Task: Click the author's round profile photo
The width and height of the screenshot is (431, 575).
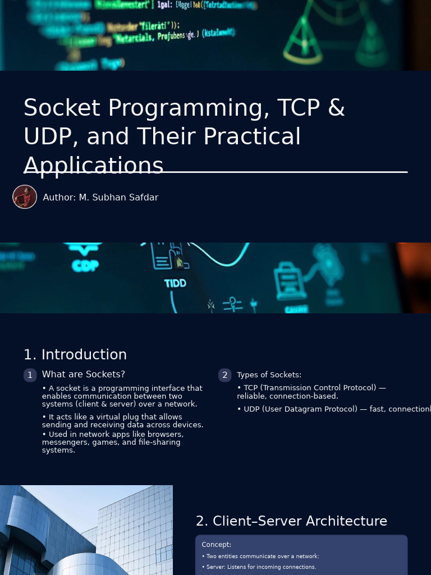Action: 25,197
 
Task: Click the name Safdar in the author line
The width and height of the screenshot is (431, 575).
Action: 144,198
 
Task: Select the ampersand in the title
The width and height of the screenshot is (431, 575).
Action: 336,108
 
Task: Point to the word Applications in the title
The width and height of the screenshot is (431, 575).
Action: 93,166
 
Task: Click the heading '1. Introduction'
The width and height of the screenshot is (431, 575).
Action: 75,355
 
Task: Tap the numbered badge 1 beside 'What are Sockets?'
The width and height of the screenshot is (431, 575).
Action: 30,375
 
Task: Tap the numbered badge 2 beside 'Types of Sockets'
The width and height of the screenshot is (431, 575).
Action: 225,375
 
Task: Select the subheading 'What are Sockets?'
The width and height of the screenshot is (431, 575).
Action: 84,375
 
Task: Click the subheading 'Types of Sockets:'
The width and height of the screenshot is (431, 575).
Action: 269,375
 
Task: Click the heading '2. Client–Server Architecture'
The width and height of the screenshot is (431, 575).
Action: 291,521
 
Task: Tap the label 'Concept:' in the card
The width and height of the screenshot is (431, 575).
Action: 217,545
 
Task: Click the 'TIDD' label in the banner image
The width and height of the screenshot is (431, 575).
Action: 175,284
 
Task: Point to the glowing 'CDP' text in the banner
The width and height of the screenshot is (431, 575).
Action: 85,265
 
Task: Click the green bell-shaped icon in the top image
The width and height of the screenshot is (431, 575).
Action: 303,39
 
